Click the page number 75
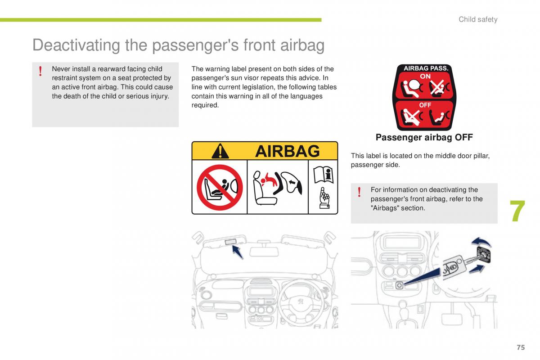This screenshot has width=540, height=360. [x=521, y=347]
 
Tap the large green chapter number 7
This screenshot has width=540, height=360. [x=517, y=211]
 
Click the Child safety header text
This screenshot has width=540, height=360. [x=478, y=19]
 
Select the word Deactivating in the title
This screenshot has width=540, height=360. [x=76, y=45]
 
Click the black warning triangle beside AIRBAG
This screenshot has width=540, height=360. [x=220, y=151]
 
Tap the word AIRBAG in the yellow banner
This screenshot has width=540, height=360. [x=288, y=151]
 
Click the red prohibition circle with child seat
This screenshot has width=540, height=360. [x=220, y=187]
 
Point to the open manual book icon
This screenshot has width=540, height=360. [x=324, y=175]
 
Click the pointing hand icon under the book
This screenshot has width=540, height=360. [x=324, y=198]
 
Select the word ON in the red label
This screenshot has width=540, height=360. [x=425, y=76]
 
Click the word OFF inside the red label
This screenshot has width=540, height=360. [x=425, y=105]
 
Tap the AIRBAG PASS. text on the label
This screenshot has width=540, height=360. [x=426, y=68]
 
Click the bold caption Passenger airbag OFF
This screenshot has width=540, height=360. [x=424, y=137]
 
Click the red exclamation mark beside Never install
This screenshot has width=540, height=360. [x=40, y=71]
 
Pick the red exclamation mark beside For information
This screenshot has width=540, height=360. [x=359, y=192]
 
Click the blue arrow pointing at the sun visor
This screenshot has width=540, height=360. [x=238, y=252]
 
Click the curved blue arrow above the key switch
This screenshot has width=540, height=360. [x=481, y=242]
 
